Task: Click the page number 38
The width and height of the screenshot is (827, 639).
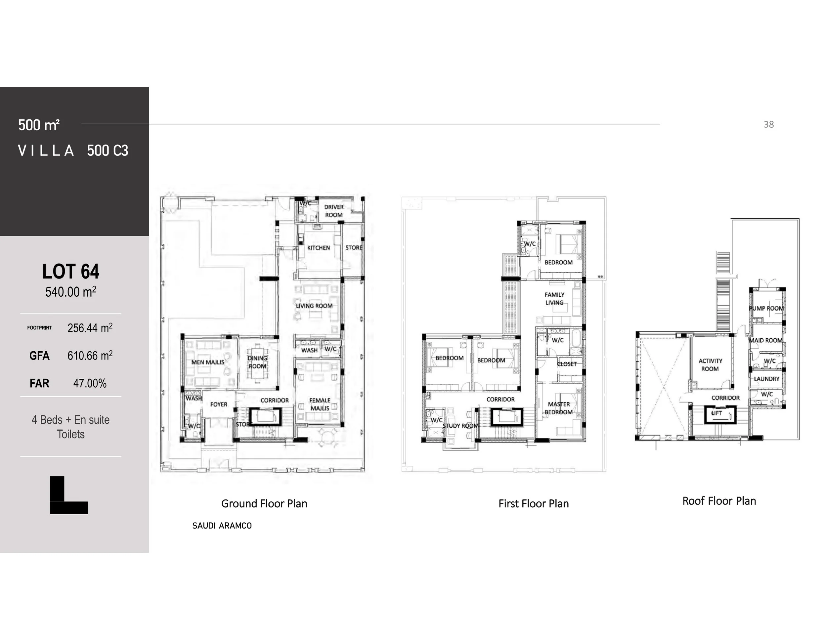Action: pyautogui.click(x=768, y=125)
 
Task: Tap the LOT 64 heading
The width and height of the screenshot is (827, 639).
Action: pyautogui.click(x=71, y=272)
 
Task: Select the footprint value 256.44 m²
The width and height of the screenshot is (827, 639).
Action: pyautogui.click(x=90, y=328)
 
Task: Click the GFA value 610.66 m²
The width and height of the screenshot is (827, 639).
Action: pyautogui.click(x=90, y=356)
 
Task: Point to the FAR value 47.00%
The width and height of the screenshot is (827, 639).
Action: pyautogui.click(x=90, y=383)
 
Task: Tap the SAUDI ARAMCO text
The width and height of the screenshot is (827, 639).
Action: pyautogui.click(x=222, y=526)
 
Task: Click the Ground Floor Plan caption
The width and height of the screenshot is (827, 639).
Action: pyautogui.click(x=264, y=504)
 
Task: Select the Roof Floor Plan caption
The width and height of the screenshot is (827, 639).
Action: pyautogui.click(x=719, y=501)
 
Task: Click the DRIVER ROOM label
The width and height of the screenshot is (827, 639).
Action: pyautogui.click(x=333, y=211)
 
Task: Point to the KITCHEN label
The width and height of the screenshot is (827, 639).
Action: pyautogui.click(x=318, y=248)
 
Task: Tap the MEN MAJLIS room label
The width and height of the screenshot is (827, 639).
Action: pyautogui.click(x=207, y=362)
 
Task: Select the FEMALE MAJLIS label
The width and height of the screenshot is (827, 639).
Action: pyautogui.click(x=320, y=404)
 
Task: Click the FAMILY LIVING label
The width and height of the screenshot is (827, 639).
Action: pyautogui.click(x=554, y=299)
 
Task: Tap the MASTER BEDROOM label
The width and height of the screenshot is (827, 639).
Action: pyautogui.click(x=558, y=408)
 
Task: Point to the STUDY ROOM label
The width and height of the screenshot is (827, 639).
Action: pyautogui.click(x=460, y=426)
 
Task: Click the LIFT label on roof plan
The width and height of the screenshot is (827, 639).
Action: pyautogui.click(x=717, y=413)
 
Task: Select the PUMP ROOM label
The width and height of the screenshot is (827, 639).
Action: pyautogui.click(x=766, y=309)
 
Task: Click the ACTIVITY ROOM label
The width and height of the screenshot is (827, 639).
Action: pyautogui.click(x=710, y=365)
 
